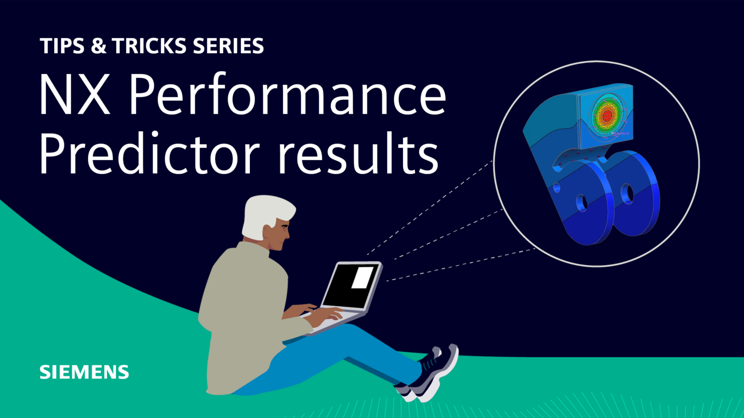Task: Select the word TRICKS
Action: (150, 46)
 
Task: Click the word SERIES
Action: (228, 46)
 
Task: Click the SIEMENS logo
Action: (84, 372)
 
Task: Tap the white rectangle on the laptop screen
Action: (362, 278)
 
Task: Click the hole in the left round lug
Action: (581, 203)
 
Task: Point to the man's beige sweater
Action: (242, 310)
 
